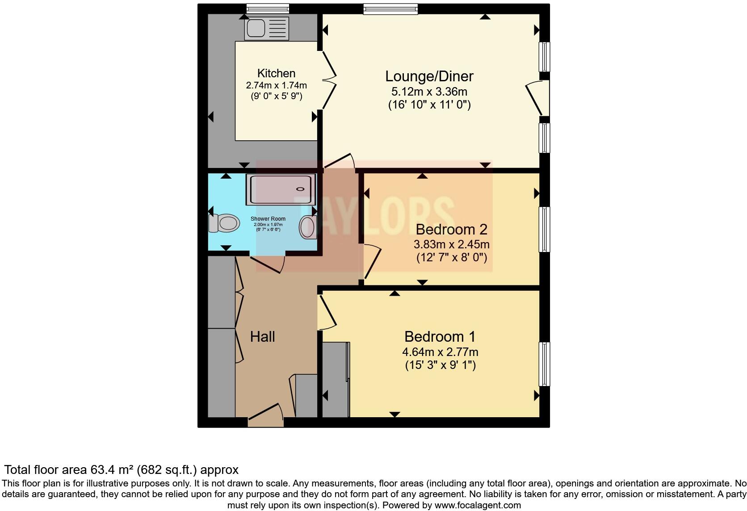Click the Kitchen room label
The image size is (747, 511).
[x=276, y=73]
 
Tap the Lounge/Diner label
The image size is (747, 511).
[x=429, y=76]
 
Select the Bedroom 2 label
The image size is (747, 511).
[x=451, y=230]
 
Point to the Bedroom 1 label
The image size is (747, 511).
[x=440, y=336]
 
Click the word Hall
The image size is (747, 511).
[x=262, y=337]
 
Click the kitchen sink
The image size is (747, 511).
[x=266, y=28]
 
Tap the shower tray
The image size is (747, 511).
[x=280, y=190]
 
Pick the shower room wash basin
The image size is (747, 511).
[x=307, y=226]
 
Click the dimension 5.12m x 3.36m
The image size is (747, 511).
[x=429, y=92]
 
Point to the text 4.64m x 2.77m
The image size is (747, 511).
[x=440, y=352]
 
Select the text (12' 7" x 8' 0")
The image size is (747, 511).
[x=451, y=258]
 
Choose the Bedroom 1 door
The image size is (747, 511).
[x=327, y=313]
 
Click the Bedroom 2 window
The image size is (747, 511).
[x=545, y=229]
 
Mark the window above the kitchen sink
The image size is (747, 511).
[x=268, y=8]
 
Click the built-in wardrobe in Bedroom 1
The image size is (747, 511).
[x=336, y=380]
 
